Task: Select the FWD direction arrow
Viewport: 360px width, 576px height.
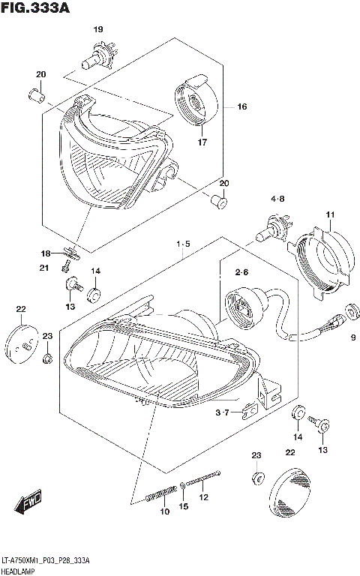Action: (x=28, y=502)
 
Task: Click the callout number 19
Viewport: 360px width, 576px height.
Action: (x=97, y=29)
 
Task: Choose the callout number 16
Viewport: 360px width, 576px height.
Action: (x=241, y=107)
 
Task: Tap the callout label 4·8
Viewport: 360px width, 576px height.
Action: (x=277, y=199)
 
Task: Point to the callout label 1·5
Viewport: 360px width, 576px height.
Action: (x=184, y=244)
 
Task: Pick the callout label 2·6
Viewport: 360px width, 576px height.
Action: (x=241, y=272)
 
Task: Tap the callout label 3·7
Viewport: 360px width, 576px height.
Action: (x=223, y=413)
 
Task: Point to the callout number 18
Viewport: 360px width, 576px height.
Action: (x=45, y=253)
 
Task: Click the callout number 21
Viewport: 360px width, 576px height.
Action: (x=45, y=268)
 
